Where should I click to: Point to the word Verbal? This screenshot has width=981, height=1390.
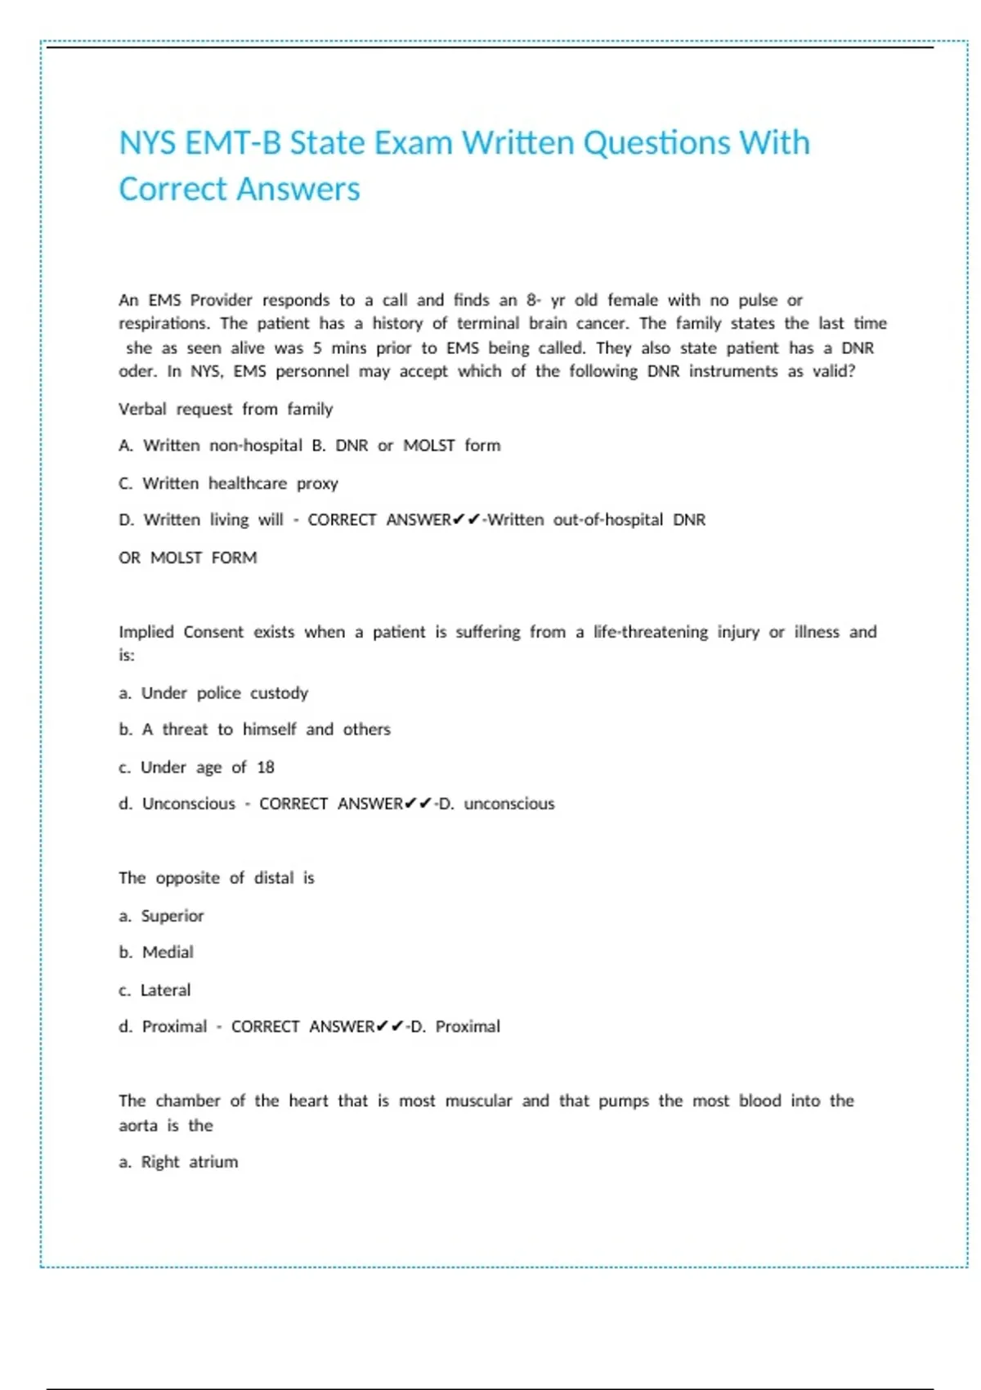point(142,409)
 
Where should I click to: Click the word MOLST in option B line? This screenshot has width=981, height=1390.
point(428,446)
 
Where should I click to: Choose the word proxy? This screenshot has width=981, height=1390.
point(317,483)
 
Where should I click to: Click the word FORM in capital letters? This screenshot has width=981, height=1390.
point(234,558)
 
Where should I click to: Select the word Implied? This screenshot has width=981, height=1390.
point(146,632)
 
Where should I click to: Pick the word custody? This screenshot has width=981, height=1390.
point(279,693)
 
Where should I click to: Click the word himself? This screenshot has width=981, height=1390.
point(269,729)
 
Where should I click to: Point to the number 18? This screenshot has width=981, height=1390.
point(266,767)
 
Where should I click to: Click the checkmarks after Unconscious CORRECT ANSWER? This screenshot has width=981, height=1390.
point(418,804)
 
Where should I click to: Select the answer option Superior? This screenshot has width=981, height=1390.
point(172,916)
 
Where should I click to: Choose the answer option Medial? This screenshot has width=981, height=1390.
point(168,953)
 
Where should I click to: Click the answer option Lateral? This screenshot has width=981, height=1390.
point(165,990)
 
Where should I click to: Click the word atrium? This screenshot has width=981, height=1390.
point(213,1162)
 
